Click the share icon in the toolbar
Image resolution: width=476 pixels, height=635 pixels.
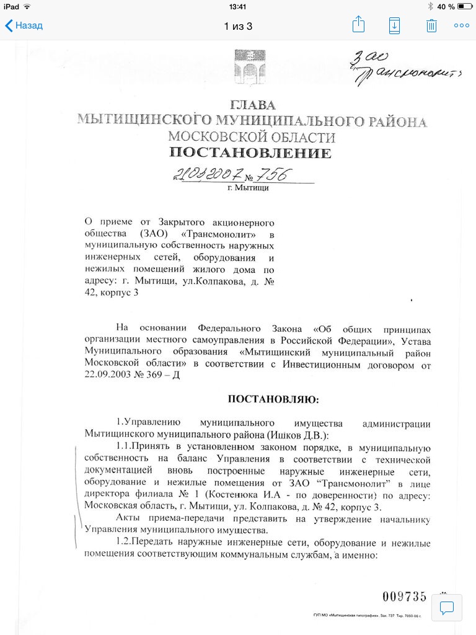(x=358, y=25)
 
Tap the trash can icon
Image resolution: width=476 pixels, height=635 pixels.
(x=431, y=25)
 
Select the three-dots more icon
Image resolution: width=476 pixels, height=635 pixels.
(x=462, y=25)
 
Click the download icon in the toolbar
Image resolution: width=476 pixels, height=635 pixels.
(x=394, y=25)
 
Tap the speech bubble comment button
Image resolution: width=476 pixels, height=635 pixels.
(x=447, y=607)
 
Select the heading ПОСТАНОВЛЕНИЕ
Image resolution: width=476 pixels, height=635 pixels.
(x=250, y=153)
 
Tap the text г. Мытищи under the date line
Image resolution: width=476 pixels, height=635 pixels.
(x=249, y=188)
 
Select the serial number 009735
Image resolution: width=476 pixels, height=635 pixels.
(x=404, y=597)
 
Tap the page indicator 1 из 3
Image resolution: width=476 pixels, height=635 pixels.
(x=238, y=26)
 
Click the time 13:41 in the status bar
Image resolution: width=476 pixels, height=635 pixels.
(x=238, y=6)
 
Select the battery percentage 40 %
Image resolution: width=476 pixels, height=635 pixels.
(x=446, y=6)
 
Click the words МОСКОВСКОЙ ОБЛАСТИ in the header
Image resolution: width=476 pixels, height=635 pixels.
(x=252, y=136)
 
